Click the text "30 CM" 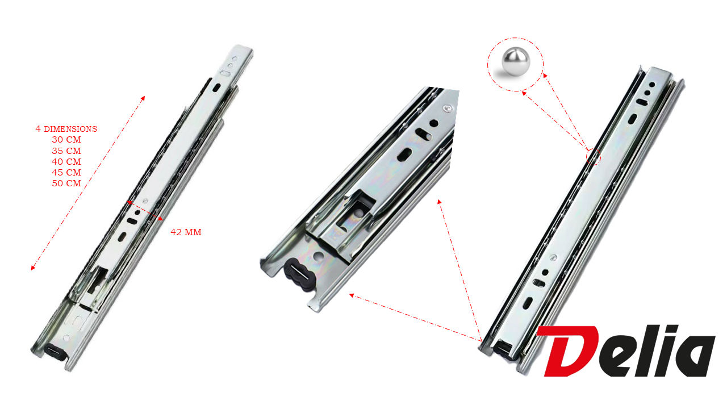tap(66, 140)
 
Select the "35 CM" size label tap(66, 151)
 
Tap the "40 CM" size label tap(66, 162)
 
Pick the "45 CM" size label tap(66, 173)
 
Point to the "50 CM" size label tap(66, 183)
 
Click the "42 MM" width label tap(186, 232)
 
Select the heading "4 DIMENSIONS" tap(66, 129)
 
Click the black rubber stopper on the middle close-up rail tap(299, 275)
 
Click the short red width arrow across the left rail tap(145, 211)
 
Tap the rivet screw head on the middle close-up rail tap(448, 108)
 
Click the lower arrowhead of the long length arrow tap(32, 268)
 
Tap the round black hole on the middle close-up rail tap(434, 123)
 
